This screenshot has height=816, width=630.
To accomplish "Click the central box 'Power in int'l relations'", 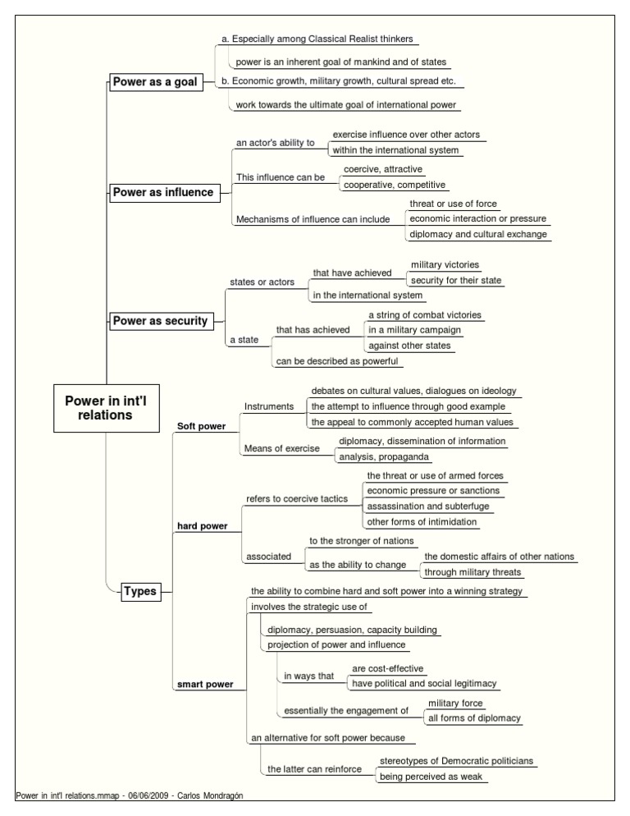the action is click(106, 408).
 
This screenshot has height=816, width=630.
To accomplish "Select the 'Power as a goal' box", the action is click(155, 82).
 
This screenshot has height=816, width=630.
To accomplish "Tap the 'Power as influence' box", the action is click(164, 193).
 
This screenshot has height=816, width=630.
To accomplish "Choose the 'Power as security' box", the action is click(161, 320).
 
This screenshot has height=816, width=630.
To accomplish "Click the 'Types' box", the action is click(140, 591).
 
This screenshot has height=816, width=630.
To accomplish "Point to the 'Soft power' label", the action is click(201, 426).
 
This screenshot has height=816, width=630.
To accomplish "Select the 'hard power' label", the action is click(203, 526).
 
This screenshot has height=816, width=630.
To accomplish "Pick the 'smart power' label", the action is click(205, 685).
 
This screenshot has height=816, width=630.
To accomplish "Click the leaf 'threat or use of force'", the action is click(453, 204).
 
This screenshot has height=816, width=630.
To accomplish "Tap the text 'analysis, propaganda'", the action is click(384, 457).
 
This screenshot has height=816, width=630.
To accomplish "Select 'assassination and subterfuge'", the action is click(428, 507).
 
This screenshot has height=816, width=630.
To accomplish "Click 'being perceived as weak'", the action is click(431, 777).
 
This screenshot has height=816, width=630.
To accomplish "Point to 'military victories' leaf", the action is click(445, 265).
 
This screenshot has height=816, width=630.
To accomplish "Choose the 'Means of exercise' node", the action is click(282, 448).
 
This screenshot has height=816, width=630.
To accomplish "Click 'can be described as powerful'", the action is click(337, 361).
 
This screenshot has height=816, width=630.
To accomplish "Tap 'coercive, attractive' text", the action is click(383, 169).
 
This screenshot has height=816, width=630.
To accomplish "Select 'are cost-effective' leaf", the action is click(387, 669).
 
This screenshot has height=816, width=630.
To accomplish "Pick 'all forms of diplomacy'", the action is click(474, 718).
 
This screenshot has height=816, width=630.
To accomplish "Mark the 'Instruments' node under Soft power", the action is click(269, 406).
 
